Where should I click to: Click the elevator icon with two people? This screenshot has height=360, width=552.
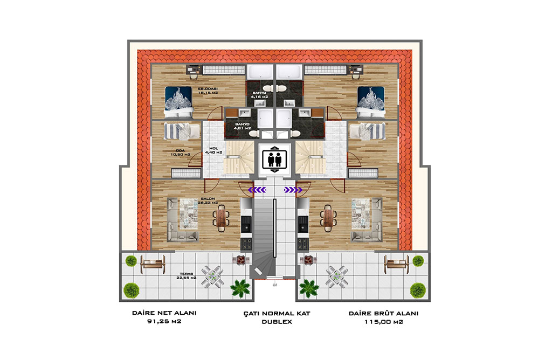pos(275,158)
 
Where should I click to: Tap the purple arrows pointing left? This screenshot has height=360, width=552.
pos(257,189)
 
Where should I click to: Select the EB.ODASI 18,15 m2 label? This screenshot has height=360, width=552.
pos(207,91)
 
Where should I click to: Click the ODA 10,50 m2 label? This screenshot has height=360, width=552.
pos(181,153)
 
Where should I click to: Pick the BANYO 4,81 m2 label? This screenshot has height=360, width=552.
pos(241,127)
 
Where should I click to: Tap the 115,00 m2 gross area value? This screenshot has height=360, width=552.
pos(383,322)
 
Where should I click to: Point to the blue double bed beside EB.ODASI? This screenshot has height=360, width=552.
pos(178,101)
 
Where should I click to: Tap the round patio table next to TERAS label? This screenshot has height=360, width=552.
pos(213,276)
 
